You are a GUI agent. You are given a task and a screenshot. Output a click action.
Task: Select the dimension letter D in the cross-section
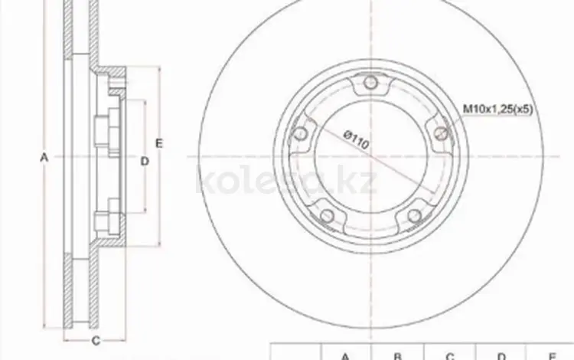click(x=143, y=160)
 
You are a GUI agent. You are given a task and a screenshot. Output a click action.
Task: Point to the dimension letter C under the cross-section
click(x=95, y=341)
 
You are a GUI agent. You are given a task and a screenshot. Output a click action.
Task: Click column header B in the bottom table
click(x=398, y=355)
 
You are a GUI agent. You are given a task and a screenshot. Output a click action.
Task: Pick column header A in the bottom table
click(x=345, y=355)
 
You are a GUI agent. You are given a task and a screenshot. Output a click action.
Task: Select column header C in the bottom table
click(x=450, y=355)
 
